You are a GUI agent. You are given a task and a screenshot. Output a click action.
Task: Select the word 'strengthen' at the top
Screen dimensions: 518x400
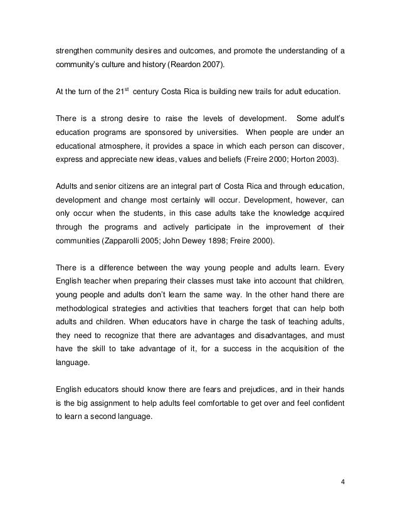(72, 50)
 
